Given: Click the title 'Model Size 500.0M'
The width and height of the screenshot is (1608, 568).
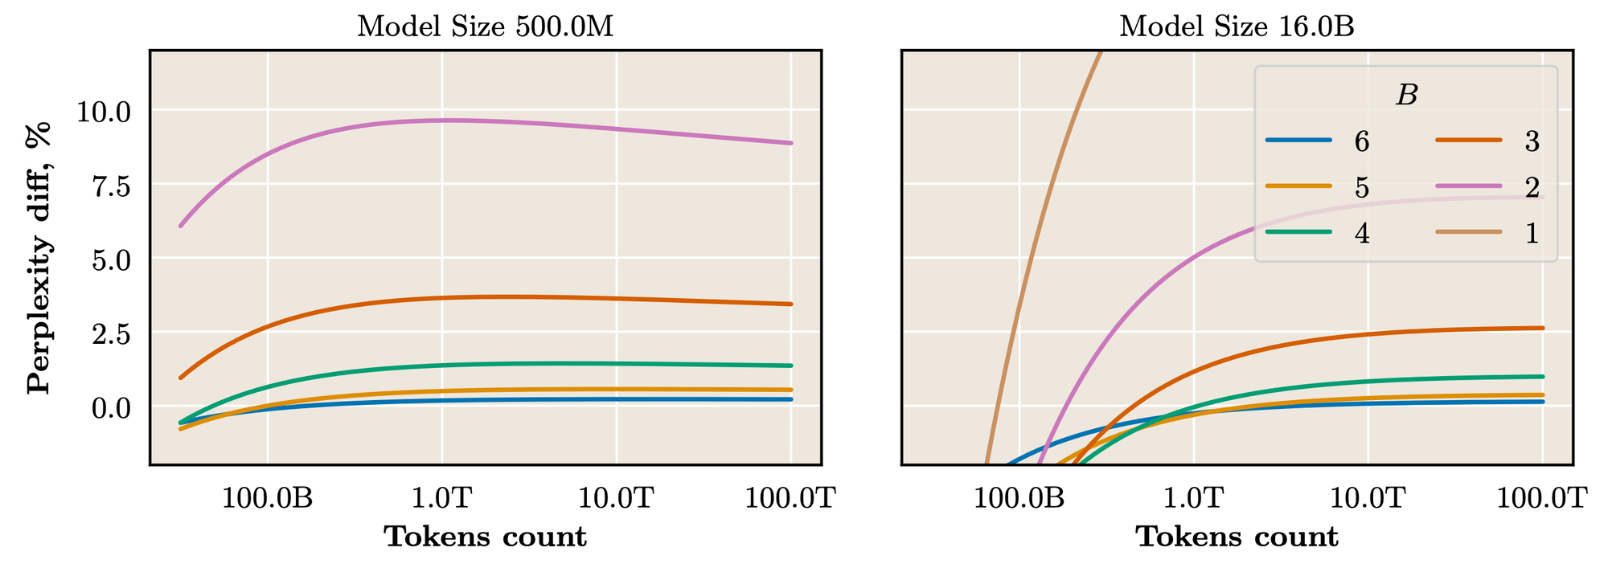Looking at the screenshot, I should click(x=485, y=27).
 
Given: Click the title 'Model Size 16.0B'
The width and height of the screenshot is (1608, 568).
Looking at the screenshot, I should click(x=1237, y=27).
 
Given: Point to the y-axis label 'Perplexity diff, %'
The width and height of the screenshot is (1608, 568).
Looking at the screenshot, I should click(x=39, y=258).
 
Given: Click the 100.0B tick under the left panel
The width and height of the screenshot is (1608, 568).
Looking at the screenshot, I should click(x=268, y=499).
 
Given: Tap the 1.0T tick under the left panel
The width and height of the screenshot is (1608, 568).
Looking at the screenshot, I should click(x=442, y=499).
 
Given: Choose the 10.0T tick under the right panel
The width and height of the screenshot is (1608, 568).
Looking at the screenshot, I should click(x=1368, y=499).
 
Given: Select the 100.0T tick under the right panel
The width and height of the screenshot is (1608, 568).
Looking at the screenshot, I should click(x=1542, y=499).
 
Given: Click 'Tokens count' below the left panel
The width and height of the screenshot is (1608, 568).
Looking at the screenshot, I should click(x=485, y=537).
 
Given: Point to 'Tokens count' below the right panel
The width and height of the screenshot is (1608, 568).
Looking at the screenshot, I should click(x=1237, y=537).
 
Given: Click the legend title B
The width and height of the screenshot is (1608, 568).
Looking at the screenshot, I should click(x=1406, y=96).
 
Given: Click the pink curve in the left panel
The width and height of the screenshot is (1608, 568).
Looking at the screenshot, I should click(x=442, y=121).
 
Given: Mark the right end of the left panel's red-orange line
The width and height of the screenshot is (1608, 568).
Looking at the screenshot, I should click(x=791, y=304).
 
